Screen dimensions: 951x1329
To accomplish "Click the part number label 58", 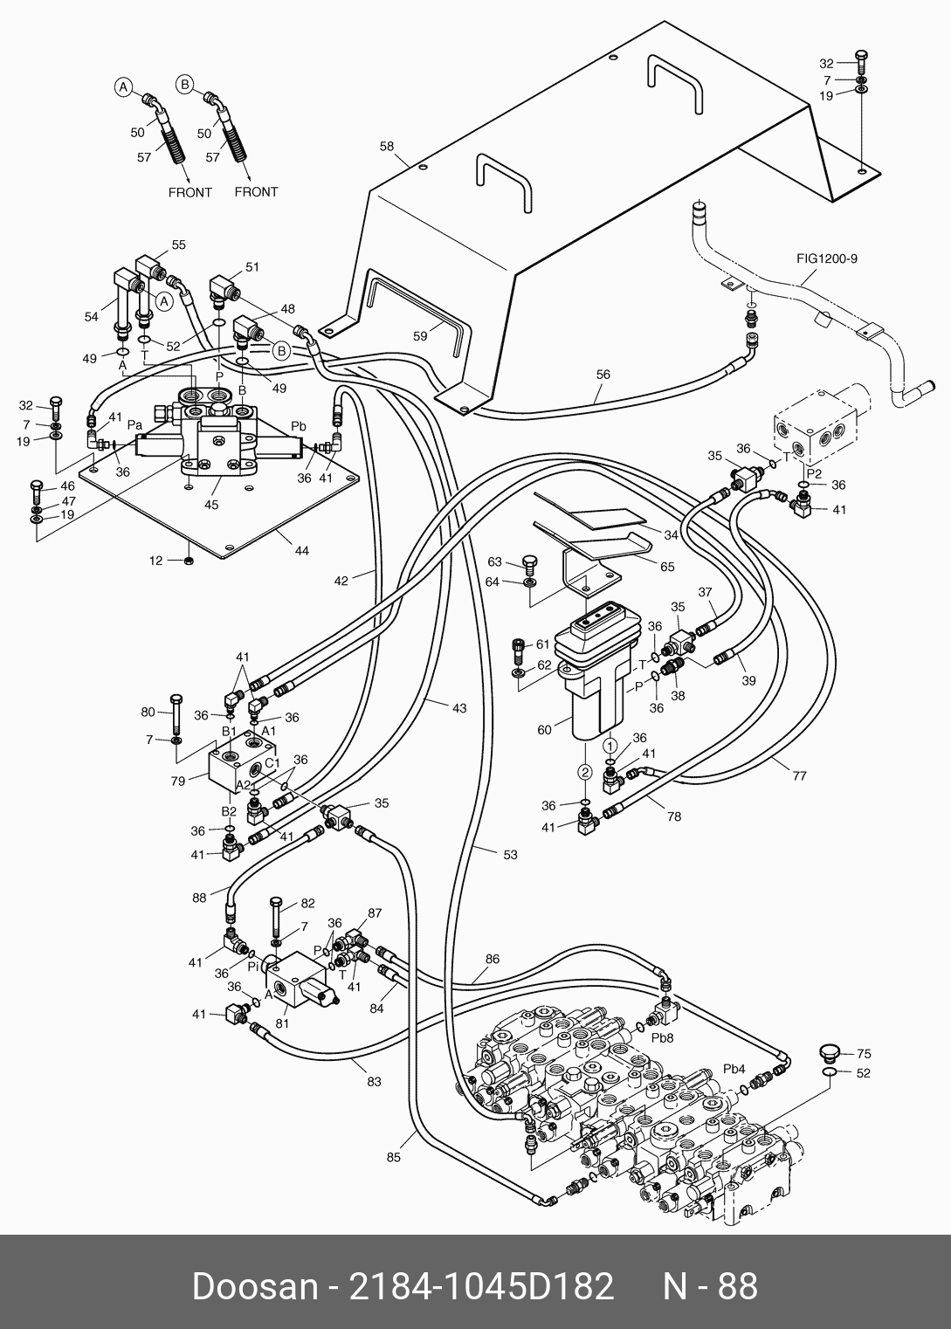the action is click(x=387, y=147).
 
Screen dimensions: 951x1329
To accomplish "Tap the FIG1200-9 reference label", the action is click(x=826, y=258).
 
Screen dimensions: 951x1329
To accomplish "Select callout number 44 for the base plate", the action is click(x=302, y=551).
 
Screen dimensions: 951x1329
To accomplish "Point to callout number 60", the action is click(x=544, y=730).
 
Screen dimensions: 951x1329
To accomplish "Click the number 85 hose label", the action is click(x=394, y=1157).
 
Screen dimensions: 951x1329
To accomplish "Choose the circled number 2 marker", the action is click(x=586, y=772).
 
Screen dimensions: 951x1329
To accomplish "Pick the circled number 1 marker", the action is click(x=611, y=745).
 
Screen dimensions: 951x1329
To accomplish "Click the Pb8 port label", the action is click(x=663, y=1038).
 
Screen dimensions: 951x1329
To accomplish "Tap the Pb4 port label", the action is click(x=734, y=1069).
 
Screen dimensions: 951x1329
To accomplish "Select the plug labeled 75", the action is click(x=830, y=1052).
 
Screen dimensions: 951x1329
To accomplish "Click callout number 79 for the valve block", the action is click(x=178, y=781).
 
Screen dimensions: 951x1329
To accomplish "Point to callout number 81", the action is click(x=282, y=1023).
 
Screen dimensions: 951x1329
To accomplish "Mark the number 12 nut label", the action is click(x=155, y=561).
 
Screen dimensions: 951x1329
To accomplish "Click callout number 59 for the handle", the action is click(x=420, y=336).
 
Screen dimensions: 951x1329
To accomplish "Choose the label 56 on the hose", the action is click(x=603, y=375).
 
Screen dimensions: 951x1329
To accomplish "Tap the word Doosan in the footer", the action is click(x=256, y=1287).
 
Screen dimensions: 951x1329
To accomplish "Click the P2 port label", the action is click(x=814, y=473).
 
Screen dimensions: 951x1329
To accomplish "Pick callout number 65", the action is click(x=667, y=567).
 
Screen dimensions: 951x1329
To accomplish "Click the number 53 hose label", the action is click(x=510, y=854).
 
